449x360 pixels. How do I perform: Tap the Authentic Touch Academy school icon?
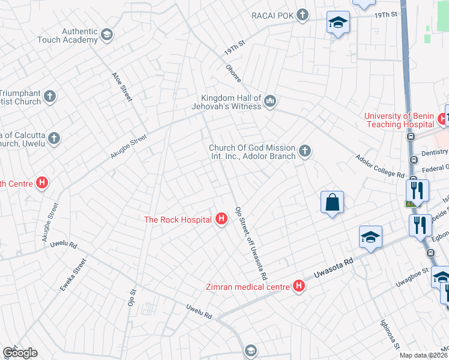click(107, 35)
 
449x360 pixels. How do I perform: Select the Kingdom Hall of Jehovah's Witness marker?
click(270, 102)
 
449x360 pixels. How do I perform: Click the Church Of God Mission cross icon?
click(305, 151)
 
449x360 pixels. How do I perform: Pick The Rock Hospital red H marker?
click(221, 220)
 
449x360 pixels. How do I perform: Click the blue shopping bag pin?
click(332, 202)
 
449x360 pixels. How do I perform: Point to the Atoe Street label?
click(122, 86)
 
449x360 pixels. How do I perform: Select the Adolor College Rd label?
click(379, 166)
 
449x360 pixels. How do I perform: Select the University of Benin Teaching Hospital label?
click(399, 120)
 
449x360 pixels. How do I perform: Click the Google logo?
click(20, 353)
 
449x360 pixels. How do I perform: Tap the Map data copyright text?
click(424, 355)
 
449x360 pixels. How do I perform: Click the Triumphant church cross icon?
click(50, 96)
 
